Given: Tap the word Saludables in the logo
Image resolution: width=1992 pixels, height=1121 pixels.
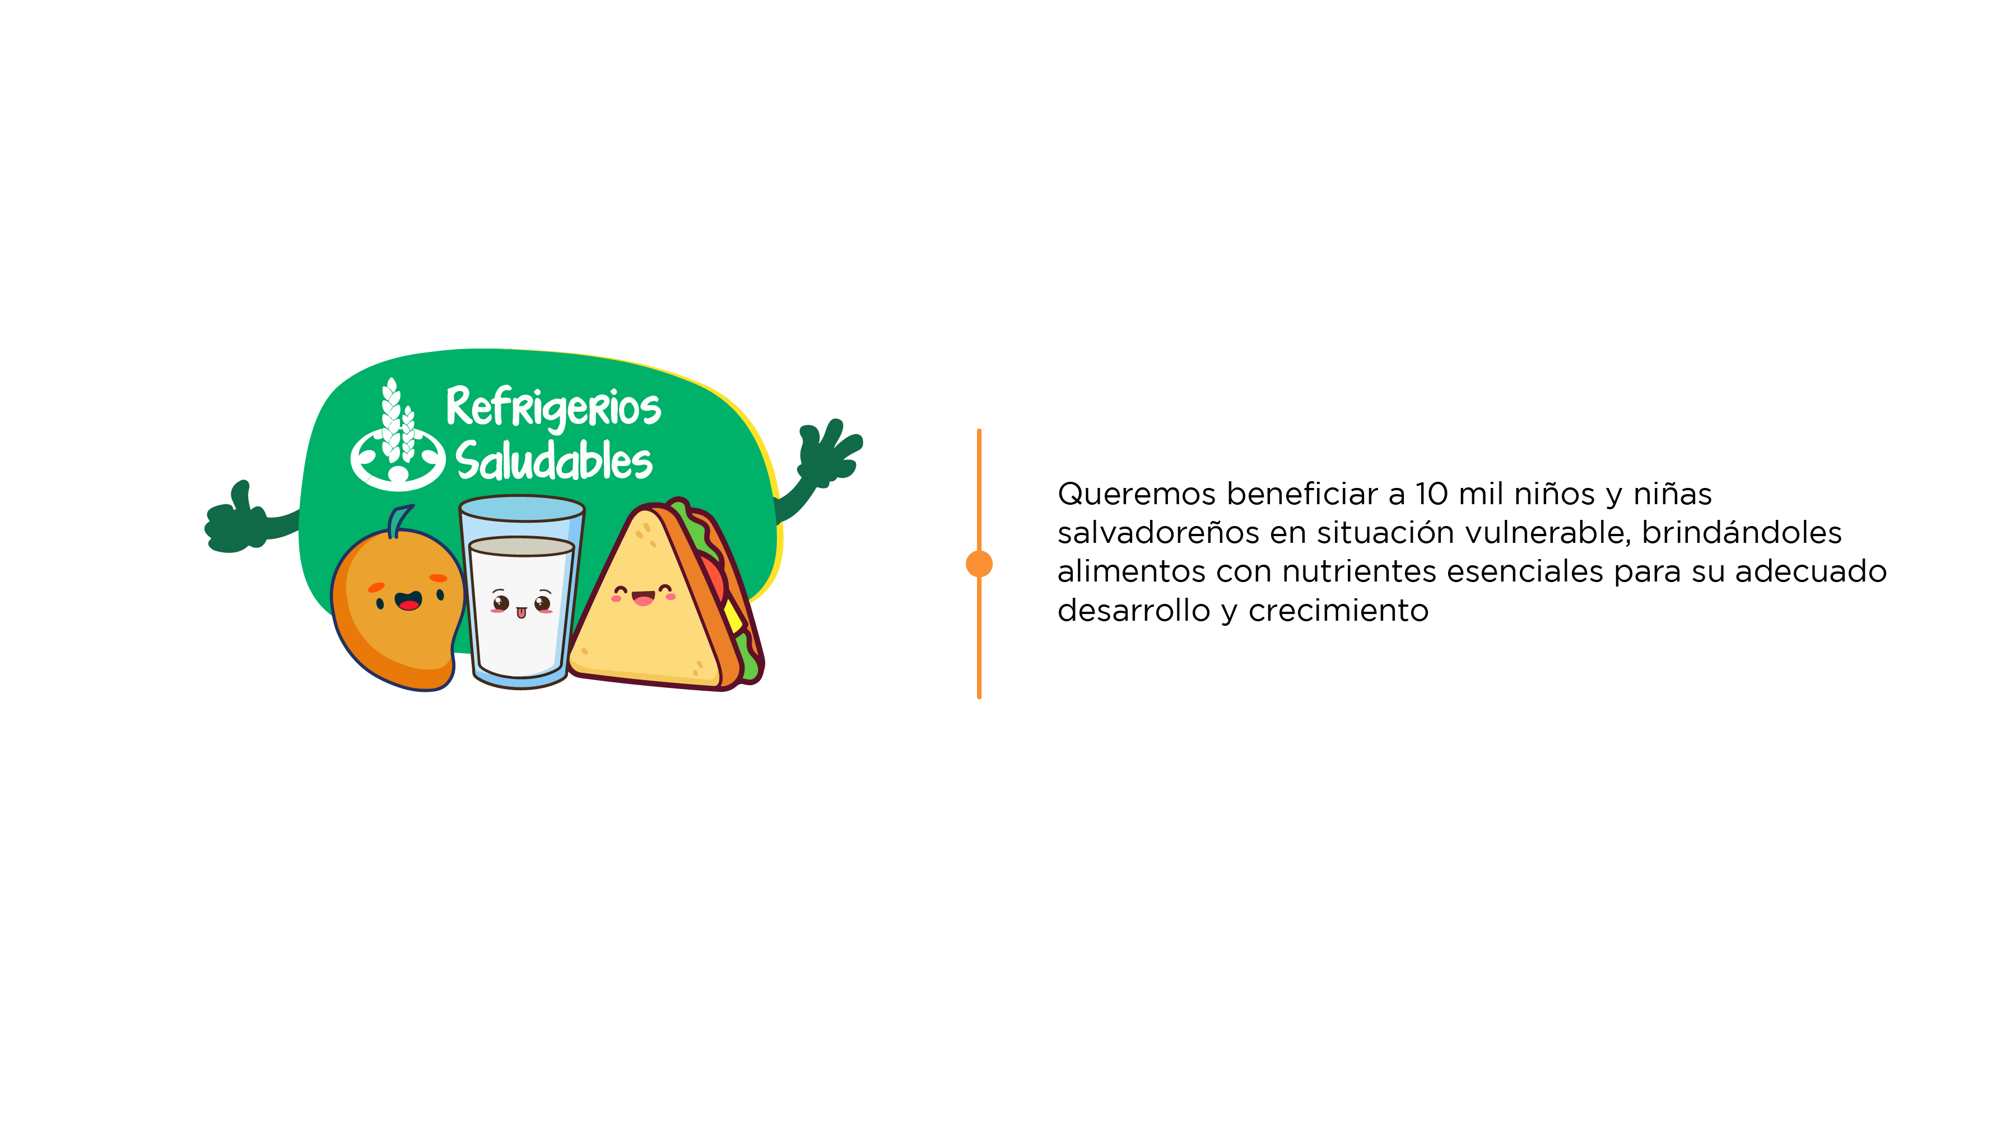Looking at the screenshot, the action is (553, 461).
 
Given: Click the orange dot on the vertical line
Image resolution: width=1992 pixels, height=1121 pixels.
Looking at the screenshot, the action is (979, 564).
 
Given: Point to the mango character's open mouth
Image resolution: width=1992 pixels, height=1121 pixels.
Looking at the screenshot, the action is (408, 601).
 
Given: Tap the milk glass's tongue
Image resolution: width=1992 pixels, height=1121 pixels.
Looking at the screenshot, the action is (521, 613).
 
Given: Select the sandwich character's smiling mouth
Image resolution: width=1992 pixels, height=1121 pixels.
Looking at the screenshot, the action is (643, 598).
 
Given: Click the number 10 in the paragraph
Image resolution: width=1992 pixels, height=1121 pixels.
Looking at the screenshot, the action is (1431, 493).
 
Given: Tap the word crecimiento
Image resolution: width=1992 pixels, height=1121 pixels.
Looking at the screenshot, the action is (1339, 611).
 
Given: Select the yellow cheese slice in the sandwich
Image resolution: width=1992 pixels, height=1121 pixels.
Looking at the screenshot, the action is (732, 615).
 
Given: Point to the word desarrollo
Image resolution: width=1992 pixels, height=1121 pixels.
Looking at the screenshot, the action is (1134, 611).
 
